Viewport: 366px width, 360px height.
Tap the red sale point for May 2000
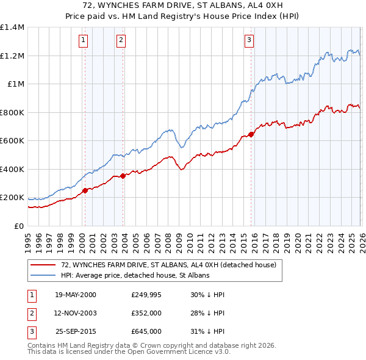tap(85, 190)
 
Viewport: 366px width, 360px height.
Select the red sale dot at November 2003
tap(123, 176)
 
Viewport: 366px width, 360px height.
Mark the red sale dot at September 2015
tap(251, 134)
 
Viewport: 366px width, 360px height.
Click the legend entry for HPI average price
tap(135, 275)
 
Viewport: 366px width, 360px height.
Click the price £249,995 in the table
tap(146, 295)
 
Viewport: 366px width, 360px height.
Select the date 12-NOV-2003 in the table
tap(76, 313)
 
